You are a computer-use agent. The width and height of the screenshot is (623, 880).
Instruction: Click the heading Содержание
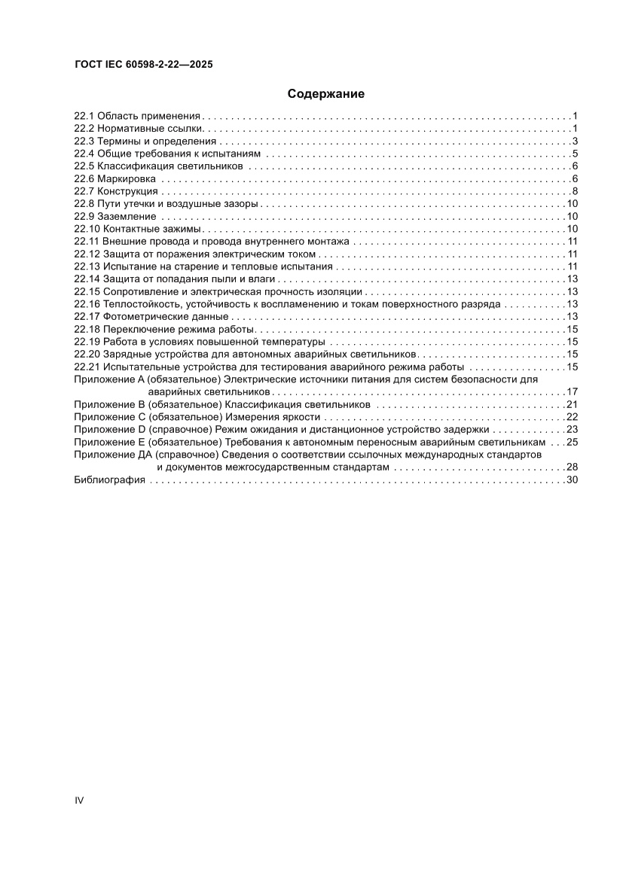click(325, 94)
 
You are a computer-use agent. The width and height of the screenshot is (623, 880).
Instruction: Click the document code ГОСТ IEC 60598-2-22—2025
click(143, 65)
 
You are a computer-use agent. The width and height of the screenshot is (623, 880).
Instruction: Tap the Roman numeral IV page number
click(78, 800)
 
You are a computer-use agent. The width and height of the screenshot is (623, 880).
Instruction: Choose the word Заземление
click(127, 217)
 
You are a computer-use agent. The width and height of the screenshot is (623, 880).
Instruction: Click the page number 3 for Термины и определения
click(574, 142)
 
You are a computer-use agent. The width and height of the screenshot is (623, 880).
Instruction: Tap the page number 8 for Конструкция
click(574, 191)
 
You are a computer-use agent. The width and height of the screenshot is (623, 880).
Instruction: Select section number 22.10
click(87, 229)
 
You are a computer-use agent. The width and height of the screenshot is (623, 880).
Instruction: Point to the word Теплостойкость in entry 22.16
click(139, 304)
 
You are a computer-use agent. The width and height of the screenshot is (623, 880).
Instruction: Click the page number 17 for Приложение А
click(571, 392)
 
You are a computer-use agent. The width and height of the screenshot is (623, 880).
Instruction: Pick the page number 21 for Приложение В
click(571, 405)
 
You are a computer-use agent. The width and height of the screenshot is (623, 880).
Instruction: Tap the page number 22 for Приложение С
click(571, 417)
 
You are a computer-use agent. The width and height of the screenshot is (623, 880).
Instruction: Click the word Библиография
click(109, 480)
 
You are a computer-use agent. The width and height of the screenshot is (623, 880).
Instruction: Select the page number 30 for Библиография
click(571, 480)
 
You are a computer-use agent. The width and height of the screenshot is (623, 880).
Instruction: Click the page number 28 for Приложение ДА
click(571, 467)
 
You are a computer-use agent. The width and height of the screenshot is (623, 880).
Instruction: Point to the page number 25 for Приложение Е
click(571, 443)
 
